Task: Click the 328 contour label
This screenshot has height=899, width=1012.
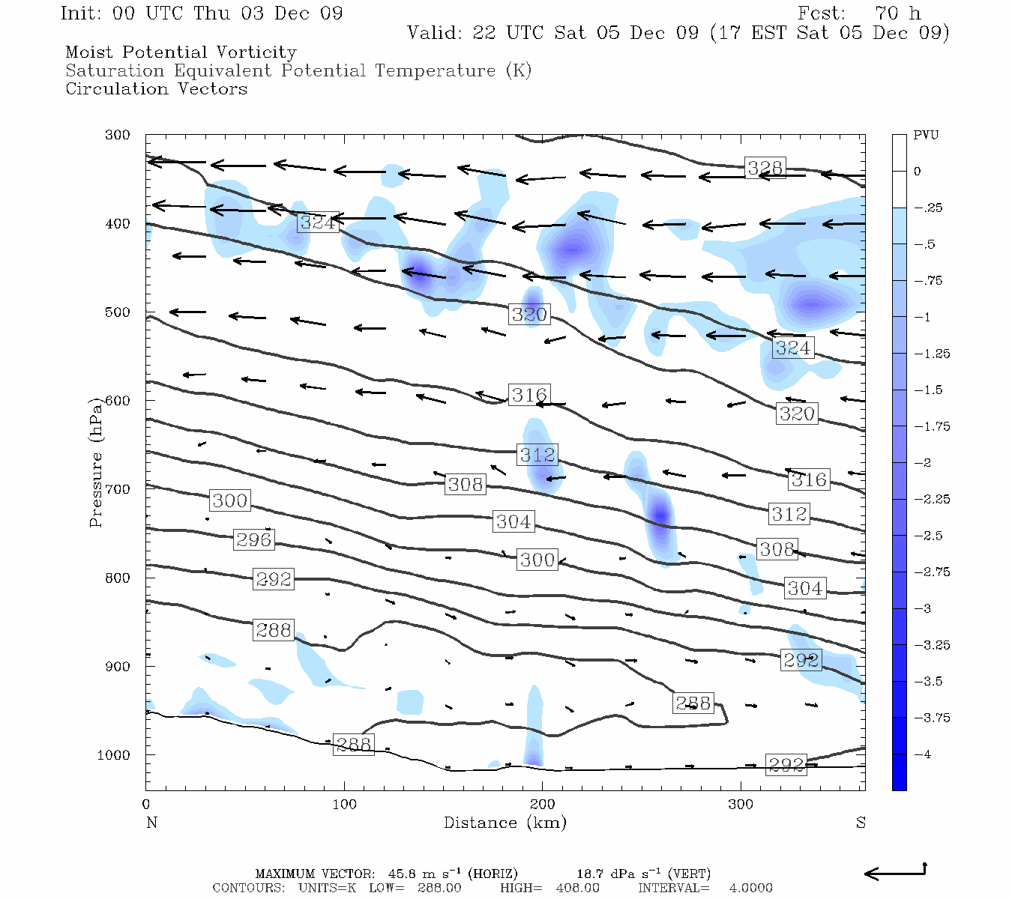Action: (x=765, y=168)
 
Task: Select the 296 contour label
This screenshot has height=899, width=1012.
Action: (x=253, y=539)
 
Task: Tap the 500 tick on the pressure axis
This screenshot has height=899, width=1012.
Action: (x=117, y=312)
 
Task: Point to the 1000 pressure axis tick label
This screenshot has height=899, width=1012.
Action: (x=113, y=755)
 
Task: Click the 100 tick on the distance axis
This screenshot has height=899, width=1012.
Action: (x=344, y=805)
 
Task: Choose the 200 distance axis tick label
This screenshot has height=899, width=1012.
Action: (x=542, y=805)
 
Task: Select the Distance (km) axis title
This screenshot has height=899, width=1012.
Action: (x=505, y=823)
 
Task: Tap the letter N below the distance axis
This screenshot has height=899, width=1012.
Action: (x=151, y=823)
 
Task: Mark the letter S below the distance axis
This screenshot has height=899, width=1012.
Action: (x=861, y=823)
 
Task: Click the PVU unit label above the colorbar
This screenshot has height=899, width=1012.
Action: (x=926, y=136)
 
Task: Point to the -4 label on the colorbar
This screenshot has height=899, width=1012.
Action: (x=923, y=754)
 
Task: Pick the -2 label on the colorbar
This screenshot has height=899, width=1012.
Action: (x=923, y=463)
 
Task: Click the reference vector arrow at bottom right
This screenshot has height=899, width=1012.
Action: (x=896, y=872)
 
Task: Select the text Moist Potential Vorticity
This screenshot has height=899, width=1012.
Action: (x=181, y=52)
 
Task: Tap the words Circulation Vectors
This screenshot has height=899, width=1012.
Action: (x=156, y=89)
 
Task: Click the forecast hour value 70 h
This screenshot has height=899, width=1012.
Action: (x=898, y=13)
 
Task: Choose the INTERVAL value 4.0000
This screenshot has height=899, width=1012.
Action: (x=750, y=889)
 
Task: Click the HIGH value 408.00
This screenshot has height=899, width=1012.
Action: (x=577, y=889)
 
